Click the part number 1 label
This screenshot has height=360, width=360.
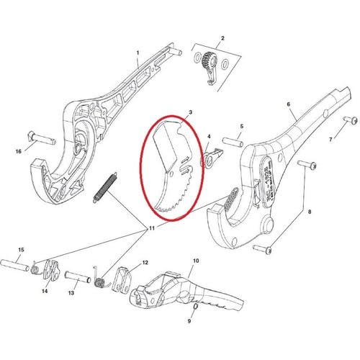[138, 53]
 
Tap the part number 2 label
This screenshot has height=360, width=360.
[222, 38]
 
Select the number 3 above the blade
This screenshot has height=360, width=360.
[189, 113]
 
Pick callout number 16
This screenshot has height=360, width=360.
[19, 152]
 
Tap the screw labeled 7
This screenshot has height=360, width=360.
[352, 120]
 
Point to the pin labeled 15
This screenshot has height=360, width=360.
[17, 264]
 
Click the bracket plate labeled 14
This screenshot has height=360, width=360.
[50, 271]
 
